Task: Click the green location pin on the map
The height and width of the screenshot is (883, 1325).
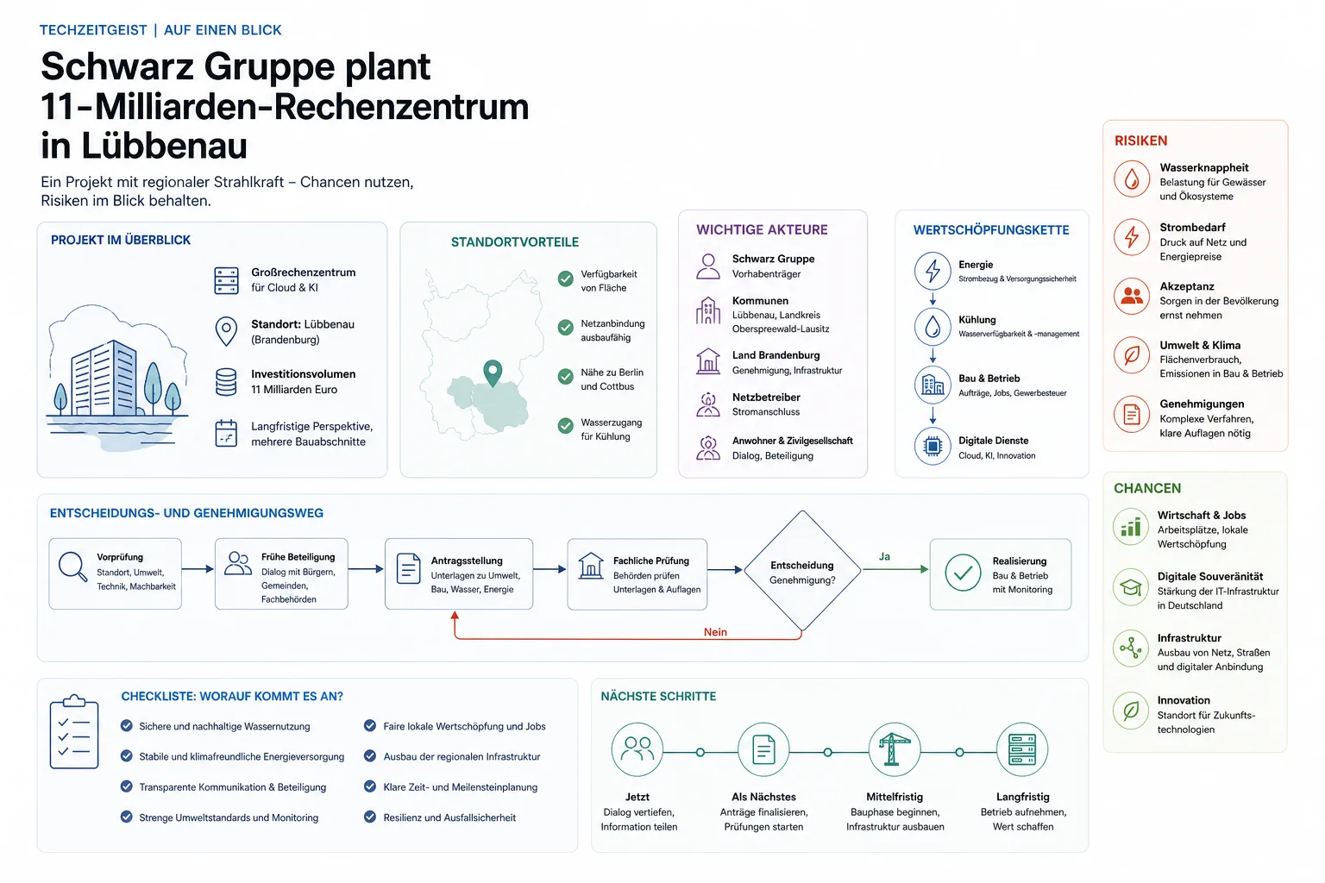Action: [x=493, y=373]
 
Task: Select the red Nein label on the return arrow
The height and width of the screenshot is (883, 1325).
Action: [x=715, y=632]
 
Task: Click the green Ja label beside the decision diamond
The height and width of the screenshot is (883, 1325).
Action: [x=884, y=556]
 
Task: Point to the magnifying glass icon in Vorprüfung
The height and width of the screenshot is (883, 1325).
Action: [x=72, y=567]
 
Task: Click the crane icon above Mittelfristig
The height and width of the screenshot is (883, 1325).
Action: [x=894, y=749]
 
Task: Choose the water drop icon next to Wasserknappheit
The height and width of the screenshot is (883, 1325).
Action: [x=1132, y=178]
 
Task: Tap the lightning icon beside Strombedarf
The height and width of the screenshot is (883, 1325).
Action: [x=1132, y=237]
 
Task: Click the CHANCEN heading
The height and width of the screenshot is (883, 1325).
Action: [x=1147, y=489]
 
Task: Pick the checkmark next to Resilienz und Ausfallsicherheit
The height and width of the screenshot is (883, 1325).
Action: [x=370, y=817]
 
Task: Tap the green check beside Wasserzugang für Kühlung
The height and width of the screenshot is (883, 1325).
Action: [x=566, y=425]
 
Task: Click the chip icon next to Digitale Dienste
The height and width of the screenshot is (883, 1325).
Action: [x=933, y=446]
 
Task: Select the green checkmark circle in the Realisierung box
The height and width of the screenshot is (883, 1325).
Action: [x=963, y=573]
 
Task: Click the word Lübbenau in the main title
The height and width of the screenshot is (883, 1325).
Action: [x=164, y=146]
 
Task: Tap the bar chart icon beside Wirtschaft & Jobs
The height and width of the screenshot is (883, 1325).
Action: [x=1130, y=527]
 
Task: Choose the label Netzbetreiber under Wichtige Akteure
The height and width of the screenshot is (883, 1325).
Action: [x=766, y=398]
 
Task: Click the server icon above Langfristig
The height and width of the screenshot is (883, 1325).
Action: [x=1022, y=749]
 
